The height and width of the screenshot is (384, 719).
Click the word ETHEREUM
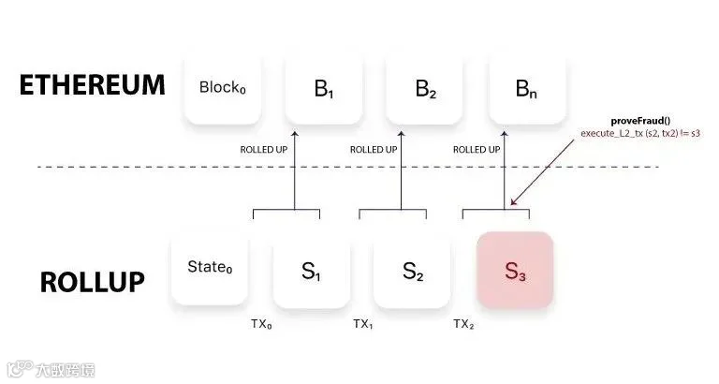coord(92,87)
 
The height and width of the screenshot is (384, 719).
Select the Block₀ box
coord(222,88)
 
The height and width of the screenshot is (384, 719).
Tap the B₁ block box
coord(323,90)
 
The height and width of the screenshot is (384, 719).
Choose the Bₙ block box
coord(527,90)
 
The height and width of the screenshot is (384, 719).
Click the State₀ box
coord(209,270)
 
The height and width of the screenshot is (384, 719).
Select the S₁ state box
coord(312,272)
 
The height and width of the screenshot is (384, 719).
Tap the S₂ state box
coord(413,272)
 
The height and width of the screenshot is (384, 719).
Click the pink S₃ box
coord(515,272)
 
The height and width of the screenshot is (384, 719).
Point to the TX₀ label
coord(261,324)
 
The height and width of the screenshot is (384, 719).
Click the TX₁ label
coord(363,324)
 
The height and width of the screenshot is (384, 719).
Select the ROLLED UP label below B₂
coord(373,149)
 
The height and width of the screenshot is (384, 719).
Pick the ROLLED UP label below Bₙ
coord(476,149)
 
